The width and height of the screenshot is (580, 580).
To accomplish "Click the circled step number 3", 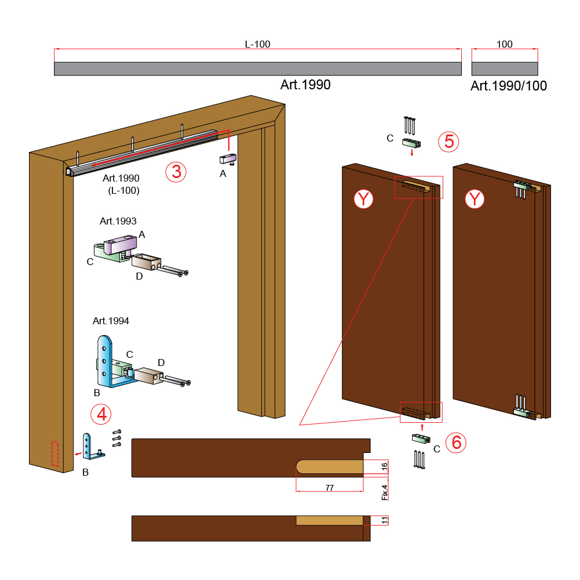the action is pos(176,172).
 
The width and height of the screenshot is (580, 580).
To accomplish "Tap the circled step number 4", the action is pos(101,414).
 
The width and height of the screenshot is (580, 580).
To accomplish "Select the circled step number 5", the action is pos(448,142).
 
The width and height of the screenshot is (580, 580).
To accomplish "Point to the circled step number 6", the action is pos(455,443).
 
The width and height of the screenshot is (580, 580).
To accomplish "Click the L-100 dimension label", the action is pos(257,44).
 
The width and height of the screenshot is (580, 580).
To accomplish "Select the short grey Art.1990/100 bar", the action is pos(505,69).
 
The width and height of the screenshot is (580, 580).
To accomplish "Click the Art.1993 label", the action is pos(118,221).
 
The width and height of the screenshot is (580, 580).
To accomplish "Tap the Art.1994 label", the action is pos(111,321).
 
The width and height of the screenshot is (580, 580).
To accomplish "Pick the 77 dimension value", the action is pos(330,488).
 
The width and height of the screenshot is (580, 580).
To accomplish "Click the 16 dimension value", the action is pos(385,467).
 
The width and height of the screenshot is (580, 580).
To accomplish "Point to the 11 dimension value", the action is pos(385,520).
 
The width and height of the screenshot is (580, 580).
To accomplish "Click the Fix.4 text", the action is pos(385,492).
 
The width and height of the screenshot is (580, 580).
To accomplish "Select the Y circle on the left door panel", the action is pos(363,200).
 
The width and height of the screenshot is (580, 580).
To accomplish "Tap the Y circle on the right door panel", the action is pos(475,200).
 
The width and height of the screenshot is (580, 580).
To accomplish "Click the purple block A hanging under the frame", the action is pos(228,159).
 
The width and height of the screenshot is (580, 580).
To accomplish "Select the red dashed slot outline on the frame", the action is pos(54,454).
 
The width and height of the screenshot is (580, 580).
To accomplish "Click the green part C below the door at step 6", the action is pos(421,438).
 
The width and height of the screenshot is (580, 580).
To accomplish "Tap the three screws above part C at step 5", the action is pos(410,125).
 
